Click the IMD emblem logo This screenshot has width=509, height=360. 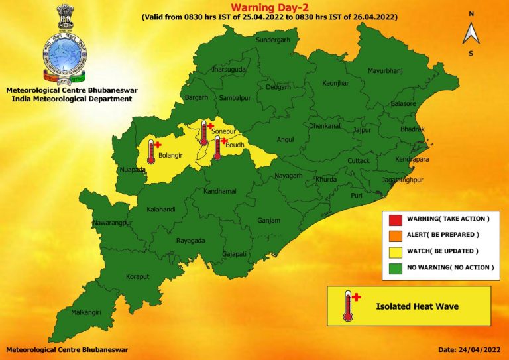pyautogui.click(x=64, y=46)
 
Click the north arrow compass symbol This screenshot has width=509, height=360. pyautogui.click(x=471, y=32)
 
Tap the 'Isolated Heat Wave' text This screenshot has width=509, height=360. pyautogui.click(x=417, y=306)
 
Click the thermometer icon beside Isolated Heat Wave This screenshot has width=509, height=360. pyautogui.click(x=348, y=306)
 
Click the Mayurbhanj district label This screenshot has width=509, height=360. pyautogui.click(x=386, y=70)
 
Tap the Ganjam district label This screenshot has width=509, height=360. pyautogui.click(x=269, y=221)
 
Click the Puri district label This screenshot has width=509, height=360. pyautogui.click(x=357, y=196)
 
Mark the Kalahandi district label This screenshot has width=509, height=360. pyautogui.click(x=161, y=210)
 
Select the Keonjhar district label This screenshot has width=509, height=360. pyautogui.click(x=335, y=84)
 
